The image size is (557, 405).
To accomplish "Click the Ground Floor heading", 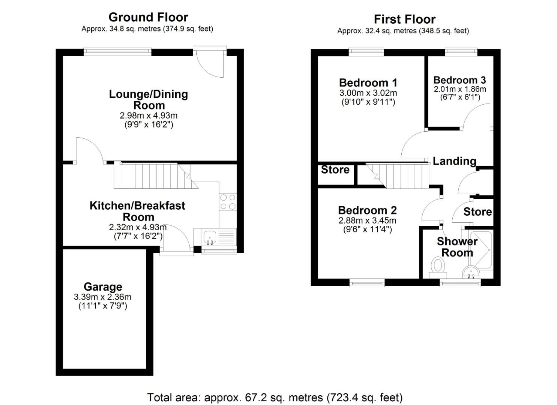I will [x=148, y=17].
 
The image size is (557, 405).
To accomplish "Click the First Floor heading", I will [x=404, y=19].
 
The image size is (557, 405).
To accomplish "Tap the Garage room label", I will [x=103, y=287].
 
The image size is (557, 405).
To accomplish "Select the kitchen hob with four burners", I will [x=228, y=202].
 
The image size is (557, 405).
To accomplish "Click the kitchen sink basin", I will [x=209, y=237].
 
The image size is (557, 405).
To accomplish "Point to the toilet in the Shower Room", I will [x=437, y=266].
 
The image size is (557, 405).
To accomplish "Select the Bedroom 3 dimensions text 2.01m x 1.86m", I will [x=460, y=89].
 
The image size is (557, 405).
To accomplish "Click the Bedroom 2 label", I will [x=367, y=210].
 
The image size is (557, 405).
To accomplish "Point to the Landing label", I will [x=454, y=161].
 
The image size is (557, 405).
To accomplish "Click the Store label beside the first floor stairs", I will [x=335, y=170].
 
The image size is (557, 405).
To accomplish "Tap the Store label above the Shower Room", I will [x=477, y=212].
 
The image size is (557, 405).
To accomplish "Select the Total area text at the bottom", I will [x=275, y=397].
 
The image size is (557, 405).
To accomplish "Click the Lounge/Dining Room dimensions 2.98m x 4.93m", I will [x=149, y=115].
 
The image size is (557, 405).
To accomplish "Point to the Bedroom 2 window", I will [x=367, y=282].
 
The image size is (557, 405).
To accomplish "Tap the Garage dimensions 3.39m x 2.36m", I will [x=103, y=297].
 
